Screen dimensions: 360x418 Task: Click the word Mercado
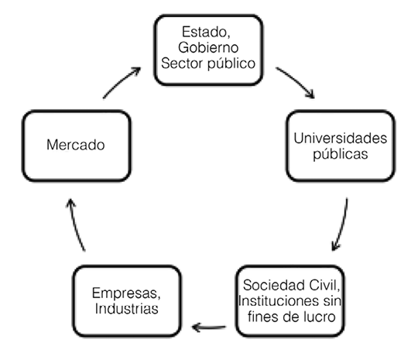(x=76, y=144)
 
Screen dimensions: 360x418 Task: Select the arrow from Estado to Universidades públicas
(x=296, y=82)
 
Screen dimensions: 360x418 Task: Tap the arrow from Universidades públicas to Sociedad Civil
(x=341, y=225)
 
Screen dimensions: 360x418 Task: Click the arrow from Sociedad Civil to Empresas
(x=209, y=326)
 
